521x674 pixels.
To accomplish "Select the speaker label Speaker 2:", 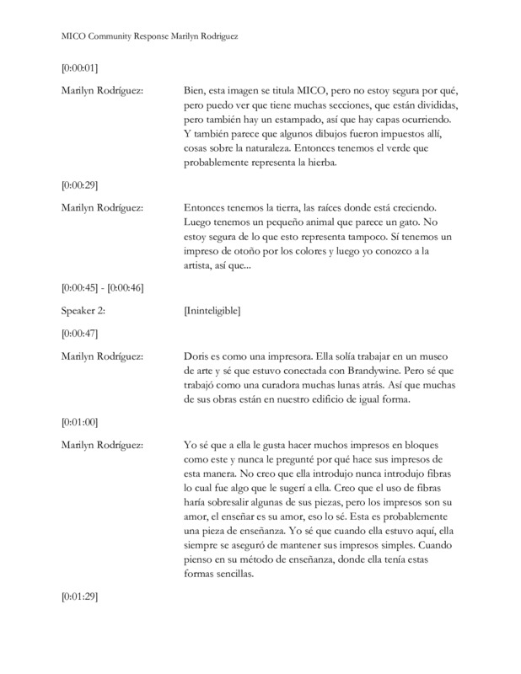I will pos(88,311).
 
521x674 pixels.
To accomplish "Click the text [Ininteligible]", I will pos(212,311).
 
